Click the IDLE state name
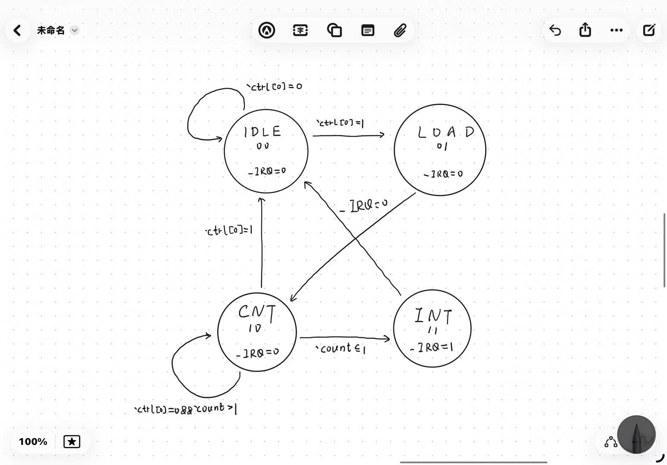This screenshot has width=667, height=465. pyautogui.click(x=262, y=131)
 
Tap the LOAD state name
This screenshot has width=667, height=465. pyautogui.click(x=446, y=132)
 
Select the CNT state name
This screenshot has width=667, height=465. pyautogui.click(x=257, y=312)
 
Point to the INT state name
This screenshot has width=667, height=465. pyautogui.click(x=433, y=316)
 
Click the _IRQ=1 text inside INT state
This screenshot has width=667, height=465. pyautogui.click(x=431, y=347)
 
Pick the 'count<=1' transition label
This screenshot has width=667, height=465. pyautogui.click(x=341, y=348)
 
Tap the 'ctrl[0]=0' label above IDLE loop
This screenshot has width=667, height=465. pyautogui.click(x=274, y=86)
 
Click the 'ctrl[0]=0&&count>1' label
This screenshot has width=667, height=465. pyautogui.click(x=186, y=409)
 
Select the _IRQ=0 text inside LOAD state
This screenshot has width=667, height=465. pyautogui.click(x=443, y=174)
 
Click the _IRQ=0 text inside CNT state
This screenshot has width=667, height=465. pyautogui.click(x=258, y=353)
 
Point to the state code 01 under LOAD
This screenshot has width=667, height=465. pyautogui.click(x=442, y=147)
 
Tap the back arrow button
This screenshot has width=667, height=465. pyautogui.click(x=17, y=30)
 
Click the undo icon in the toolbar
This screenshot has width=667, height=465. pyautogui.click(x=555, y=30)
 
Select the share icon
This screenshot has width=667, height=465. pyautogui.click(x=585, y=30)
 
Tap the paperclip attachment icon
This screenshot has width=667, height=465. pyautogui.click(x=400, y=30)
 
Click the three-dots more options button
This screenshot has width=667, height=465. pyautogui.click(x=616, y=30)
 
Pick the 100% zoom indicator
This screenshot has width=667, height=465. pyautogui.click(x=33, y=441)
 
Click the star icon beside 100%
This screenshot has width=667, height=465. pyautogui.click(x=72, y=441)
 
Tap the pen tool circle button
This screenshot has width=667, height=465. pyautogui.click(x=636, y=434)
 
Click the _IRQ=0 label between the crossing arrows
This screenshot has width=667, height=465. pyautogui.click(x=363, y=206)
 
